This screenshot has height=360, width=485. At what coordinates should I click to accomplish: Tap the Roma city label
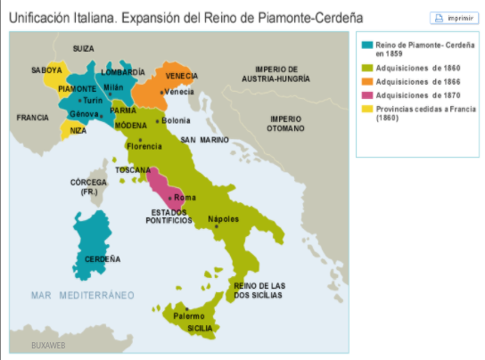(x=185, y=197)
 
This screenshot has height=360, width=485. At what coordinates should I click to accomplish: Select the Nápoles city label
(x=223, y=218)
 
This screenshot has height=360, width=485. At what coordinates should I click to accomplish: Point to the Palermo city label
(x=189, y=315)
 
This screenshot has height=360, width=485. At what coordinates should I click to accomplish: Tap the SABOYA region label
(x=46, y=70)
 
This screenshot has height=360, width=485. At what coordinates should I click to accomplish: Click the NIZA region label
(x=79, y=131)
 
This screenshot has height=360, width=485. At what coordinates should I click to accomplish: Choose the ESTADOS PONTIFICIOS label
(x=170, y=216)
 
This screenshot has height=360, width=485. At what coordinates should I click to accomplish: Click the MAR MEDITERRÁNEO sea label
(x=81, y=294)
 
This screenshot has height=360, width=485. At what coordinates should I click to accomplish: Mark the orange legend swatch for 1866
(x=366, y=80)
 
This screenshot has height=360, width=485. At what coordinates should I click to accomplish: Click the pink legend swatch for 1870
(x=366, y=95)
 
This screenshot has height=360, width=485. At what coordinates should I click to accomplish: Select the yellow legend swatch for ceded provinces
(x=366, y=110)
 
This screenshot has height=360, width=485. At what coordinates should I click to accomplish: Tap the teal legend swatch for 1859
(x=366, y=44)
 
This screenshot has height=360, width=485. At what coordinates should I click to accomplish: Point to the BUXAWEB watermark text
(x=48, y=345)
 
